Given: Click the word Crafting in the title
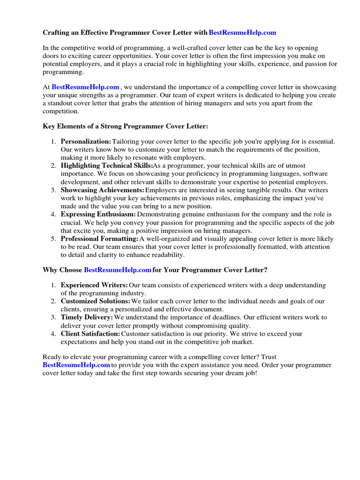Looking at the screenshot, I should [57, 32].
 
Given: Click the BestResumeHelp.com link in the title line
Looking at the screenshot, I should [242, 32].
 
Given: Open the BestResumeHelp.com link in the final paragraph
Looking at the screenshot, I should [76, 365].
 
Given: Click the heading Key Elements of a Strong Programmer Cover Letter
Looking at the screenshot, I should [125, 127].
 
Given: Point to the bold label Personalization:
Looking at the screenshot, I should [86, 141].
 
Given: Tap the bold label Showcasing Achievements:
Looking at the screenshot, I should [103, 190].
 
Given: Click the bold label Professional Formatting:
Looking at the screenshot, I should [99, 239].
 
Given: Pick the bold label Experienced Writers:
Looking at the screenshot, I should [94, 285].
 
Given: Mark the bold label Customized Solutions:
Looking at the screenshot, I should [96, 301].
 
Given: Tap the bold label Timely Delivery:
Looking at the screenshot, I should [87, 317].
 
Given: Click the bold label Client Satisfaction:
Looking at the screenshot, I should [90, 334].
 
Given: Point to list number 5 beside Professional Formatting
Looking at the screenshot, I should [53, 239].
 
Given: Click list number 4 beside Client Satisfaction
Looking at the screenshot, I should [53, 334].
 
